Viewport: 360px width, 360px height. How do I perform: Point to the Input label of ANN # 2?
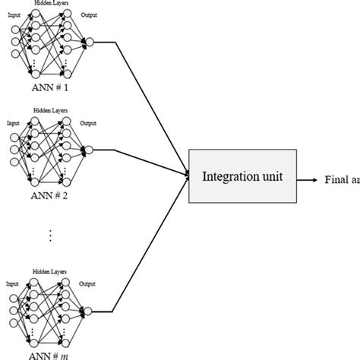(13, 122)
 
